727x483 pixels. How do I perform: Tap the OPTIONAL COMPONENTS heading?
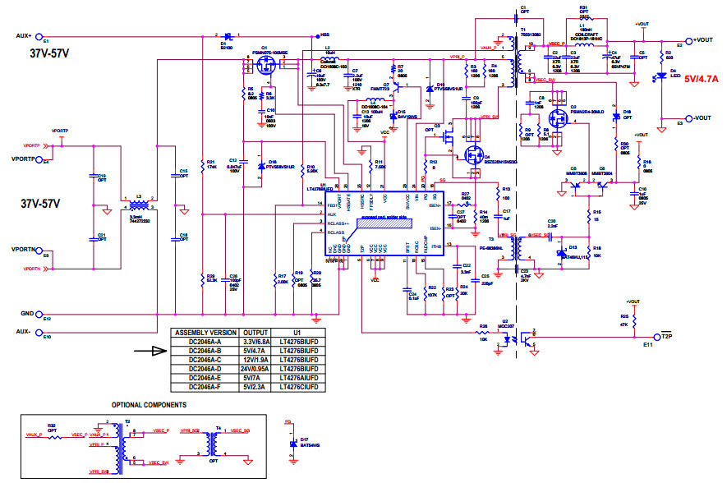tap(149, 405)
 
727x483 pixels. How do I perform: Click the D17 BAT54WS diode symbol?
tap(293, 444)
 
